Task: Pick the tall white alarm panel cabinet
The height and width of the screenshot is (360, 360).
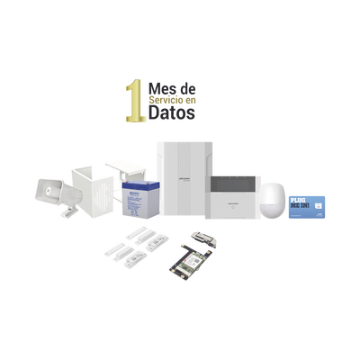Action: point(182,179)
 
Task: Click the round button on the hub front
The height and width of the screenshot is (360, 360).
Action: point(235,203)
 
